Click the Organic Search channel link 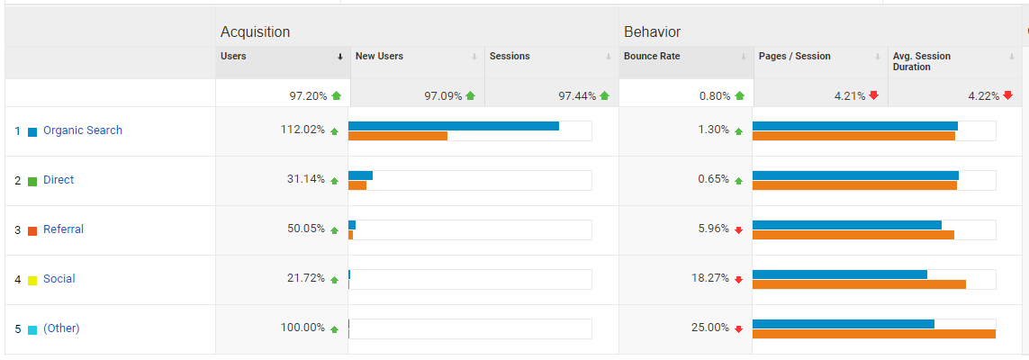(82, 130)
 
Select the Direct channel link (59, 180)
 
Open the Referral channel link (63, 229)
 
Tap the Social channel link (59, 279)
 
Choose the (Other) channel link (61, 328)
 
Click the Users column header (233, 56)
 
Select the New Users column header (379, 56)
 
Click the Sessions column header (510, 56)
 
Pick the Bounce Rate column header (652, 56)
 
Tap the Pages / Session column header (794, 56)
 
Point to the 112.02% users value (302, 130)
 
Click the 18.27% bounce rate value (709, 278)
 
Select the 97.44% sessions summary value (577, 95)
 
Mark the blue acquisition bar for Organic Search (453, 126)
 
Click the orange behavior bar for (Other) (873, 334)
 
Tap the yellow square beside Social (32, 280)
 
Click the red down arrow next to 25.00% (739, 328)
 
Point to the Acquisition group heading (255, 31)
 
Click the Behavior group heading (652, 31)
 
